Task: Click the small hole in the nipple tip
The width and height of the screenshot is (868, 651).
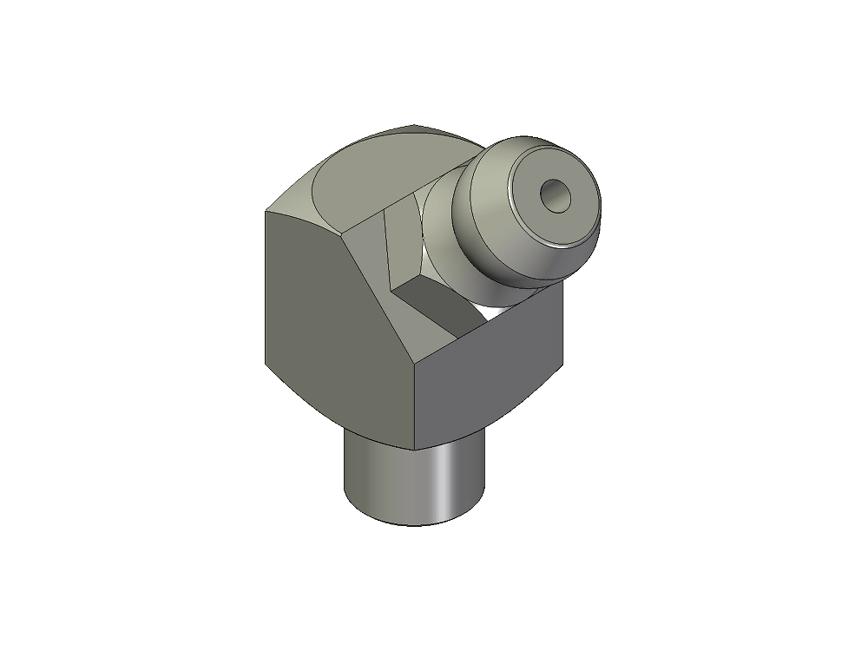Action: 553,196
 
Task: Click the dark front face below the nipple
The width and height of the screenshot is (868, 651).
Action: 490,373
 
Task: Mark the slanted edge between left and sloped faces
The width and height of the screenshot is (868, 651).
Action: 382,295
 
